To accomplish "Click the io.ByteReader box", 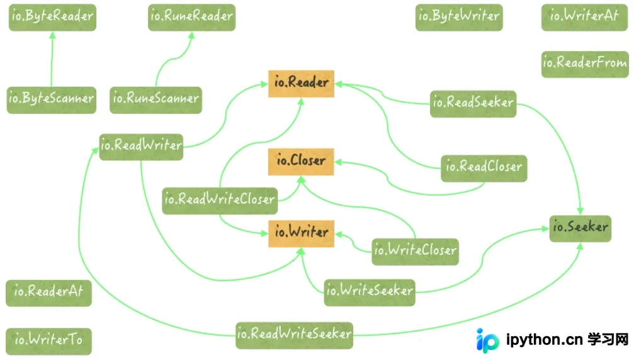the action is click(x=52, y=18).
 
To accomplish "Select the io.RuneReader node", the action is click(x=191, y=18).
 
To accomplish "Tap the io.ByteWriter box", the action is click(x=459, y=18).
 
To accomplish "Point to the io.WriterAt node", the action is click(x=585, y=18).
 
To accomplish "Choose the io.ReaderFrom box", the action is click(x=585, y=64).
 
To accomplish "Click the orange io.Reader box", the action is click(x=301, y=84).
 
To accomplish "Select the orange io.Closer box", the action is click(x=301, y=162).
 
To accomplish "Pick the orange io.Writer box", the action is click(x=301, y=233).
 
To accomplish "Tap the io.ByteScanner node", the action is click(x=52, y=100).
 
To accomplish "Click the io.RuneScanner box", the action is click(x=156, y=100).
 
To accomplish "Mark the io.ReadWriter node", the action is click(x=141, y=147).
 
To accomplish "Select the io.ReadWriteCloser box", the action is click(x=220, y=201).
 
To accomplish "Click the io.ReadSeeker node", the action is click(x=473, y=104).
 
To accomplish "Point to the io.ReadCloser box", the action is click(x=484, y=169).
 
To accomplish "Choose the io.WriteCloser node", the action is click(x=416, y=252).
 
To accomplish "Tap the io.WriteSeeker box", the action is click(x=370, y=293).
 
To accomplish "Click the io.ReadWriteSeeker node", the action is click(x=295, y=335).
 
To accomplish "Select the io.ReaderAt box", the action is click(x=48, y=293).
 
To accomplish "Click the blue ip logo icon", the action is click(x=487, y=340).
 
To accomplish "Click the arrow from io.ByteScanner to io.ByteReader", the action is click(x=52, y=59).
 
